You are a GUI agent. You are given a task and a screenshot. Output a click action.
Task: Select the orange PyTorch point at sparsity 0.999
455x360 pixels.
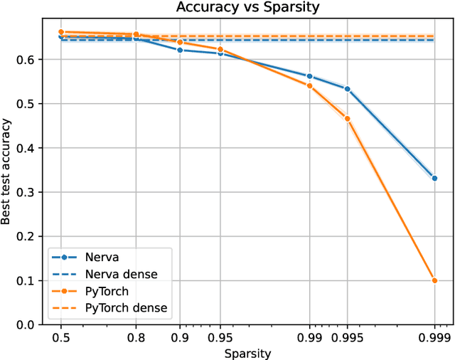(434, 280)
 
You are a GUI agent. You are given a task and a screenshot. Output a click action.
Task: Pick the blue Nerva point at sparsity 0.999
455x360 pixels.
(434, 179)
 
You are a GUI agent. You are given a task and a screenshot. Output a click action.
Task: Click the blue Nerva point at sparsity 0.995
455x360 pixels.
(347, 89)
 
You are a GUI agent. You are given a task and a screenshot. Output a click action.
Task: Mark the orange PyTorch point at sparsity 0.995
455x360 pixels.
(347, 119)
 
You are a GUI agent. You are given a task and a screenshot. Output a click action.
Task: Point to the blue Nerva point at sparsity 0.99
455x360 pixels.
(309, 76)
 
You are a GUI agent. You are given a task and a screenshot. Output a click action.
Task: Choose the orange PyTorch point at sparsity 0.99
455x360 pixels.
(309, 86)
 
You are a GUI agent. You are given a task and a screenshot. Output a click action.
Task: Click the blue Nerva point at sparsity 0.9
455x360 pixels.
(180, 51)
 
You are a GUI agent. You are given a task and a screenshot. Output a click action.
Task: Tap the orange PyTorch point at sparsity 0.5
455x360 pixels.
(61, 32)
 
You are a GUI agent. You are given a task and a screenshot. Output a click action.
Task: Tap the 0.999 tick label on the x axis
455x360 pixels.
(434, 337)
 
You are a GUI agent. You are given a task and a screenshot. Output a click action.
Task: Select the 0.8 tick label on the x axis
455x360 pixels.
(136, 337)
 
